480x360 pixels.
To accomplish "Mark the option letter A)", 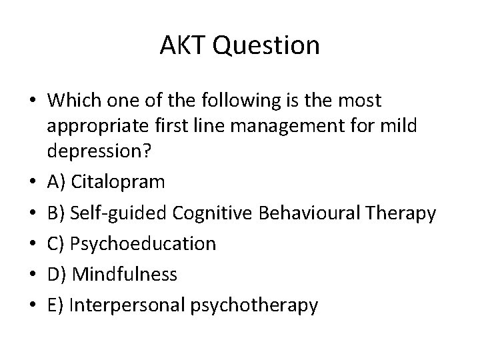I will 55,182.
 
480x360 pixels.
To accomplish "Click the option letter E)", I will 55,305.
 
